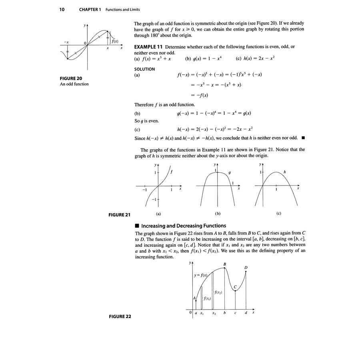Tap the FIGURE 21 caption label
coord(120,215)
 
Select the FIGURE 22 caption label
coord(120,316)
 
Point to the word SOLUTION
coord(144,69)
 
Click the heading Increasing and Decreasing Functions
coord(184,226)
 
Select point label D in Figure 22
coord(246,268)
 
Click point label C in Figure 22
coord(235,287)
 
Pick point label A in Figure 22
coord(194,298)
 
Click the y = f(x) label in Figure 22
coord(200,276)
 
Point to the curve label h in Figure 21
coord(284,172)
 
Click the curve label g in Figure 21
coord(230,172)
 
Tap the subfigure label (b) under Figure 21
coord(218,214)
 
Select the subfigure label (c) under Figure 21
coord(279,214)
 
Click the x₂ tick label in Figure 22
coord(214,313)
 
